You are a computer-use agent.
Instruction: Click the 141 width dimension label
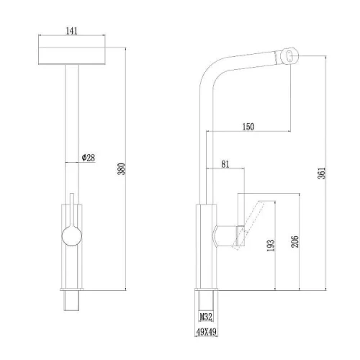71,31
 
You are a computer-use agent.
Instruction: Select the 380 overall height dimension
122,169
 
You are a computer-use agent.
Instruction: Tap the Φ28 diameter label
89,158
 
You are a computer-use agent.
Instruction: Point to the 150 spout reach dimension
248,127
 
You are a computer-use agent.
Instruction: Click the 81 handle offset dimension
225,164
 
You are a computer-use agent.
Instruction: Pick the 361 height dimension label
322,173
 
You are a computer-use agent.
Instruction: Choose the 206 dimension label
295,241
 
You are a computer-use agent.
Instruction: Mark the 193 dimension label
271,246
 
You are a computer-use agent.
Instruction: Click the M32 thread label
206,317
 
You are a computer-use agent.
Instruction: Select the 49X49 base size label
207,332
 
